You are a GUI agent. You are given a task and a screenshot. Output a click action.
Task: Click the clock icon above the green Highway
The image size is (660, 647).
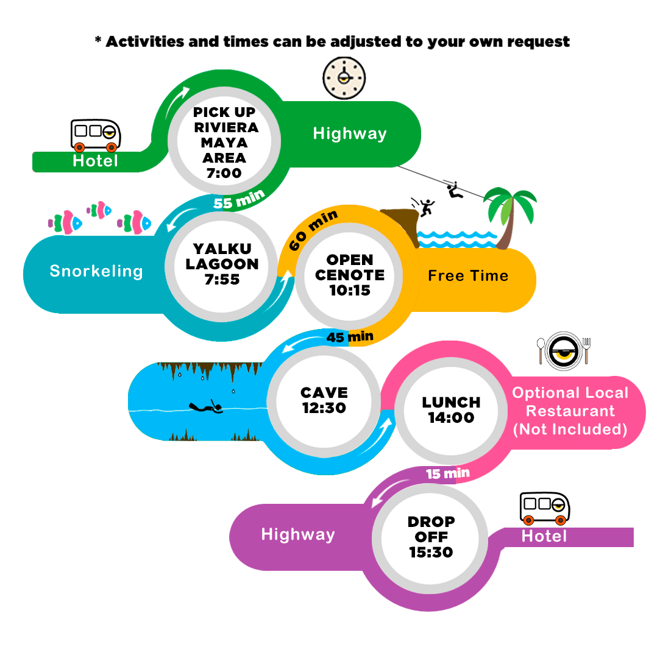(x=344, y=78)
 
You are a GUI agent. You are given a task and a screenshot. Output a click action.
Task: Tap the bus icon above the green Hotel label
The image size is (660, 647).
(x=96, y=135)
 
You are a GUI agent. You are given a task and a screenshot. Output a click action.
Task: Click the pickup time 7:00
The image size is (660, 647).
(x=224, y=173)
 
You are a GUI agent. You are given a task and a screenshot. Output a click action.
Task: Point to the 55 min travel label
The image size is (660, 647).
(x=239, y=199)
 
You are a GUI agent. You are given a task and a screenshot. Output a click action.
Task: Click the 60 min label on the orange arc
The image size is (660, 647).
(x=313, y=229)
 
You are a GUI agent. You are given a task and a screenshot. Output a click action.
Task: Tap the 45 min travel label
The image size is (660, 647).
(x=350, y=337)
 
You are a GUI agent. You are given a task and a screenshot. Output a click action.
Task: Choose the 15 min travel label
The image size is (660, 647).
(x=448, y=474)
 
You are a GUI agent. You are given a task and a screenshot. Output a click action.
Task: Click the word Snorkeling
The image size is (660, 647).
(x=96, y=271)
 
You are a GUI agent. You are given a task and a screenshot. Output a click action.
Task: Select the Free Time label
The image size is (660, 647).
(x=468, y=275)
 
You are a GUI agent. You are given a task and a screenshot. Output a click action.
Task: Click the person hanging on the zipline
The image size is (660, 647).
(x=455, y=190)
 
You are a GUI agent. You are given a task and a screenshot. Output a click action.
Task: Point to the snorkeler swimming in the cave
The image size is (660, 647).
(x=205, y=407)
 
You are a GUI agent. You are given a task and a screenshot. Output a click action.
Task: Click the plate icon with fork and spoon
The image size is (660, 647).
(x=564, y=352)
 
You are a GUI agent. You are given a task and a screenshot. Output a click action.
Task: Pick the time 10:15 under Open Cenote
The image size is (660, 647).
(x=350, y=290)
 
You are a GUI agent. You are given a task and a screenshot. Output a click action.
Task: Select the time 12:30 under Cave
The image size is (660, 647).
(x=324, y=408)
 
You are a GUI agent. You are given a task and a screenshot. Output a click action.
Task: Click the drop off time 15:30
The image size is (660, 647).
(x=431, y=552)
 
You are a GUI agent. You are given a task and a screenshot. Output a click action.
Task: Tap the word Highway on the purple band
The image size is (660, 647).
(x=298, y=534)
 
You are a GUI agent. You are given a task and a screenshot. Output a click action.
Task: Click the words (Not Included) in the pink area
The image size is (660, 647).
(x=570, y=429)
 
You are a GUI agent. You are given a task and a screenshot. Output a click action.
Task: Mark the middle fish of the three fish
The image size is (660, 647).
(x=99, y=210)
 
